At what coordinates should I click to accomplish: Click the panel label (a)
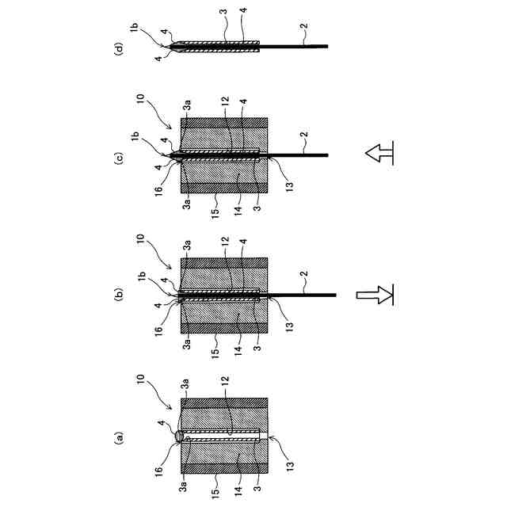tap(121, 436)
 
